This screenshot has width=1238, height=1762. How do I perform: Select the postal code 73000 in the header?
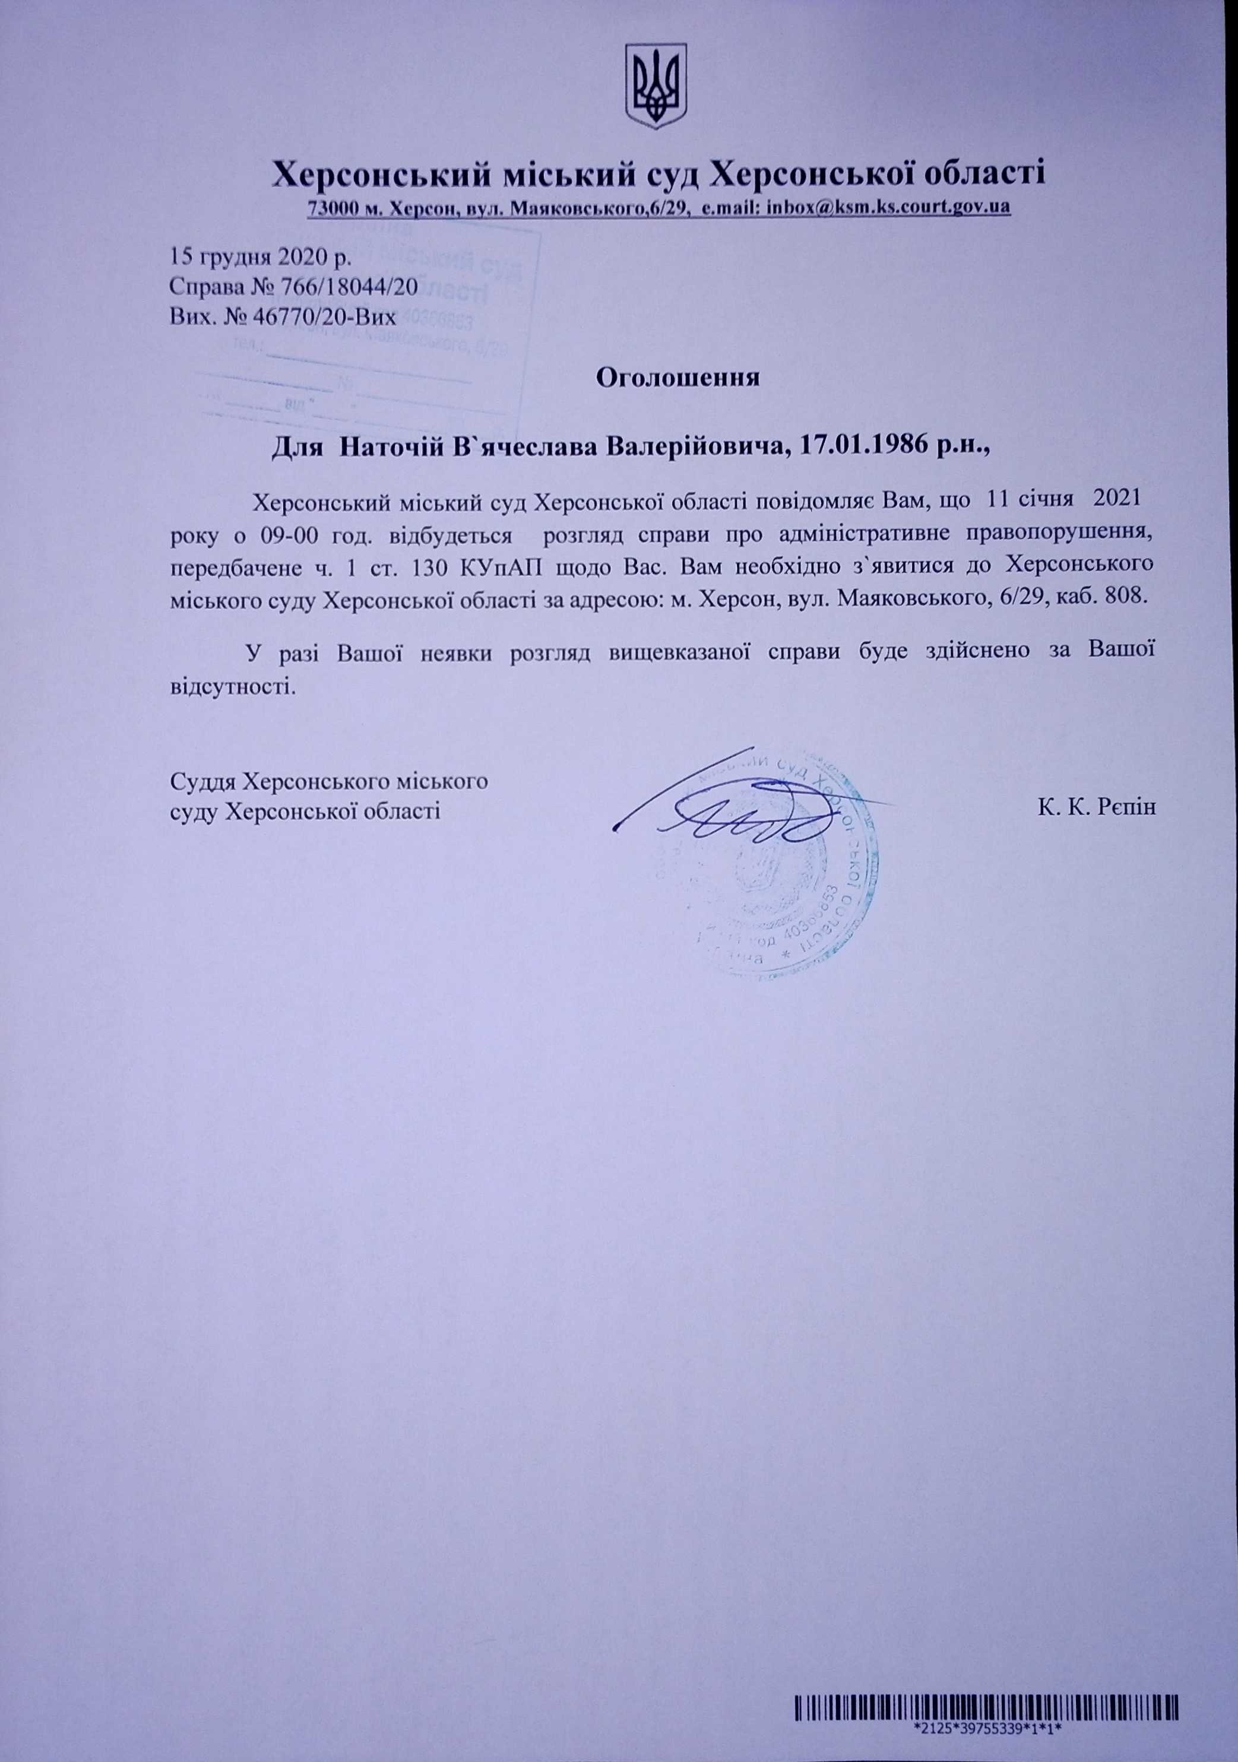331,208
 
